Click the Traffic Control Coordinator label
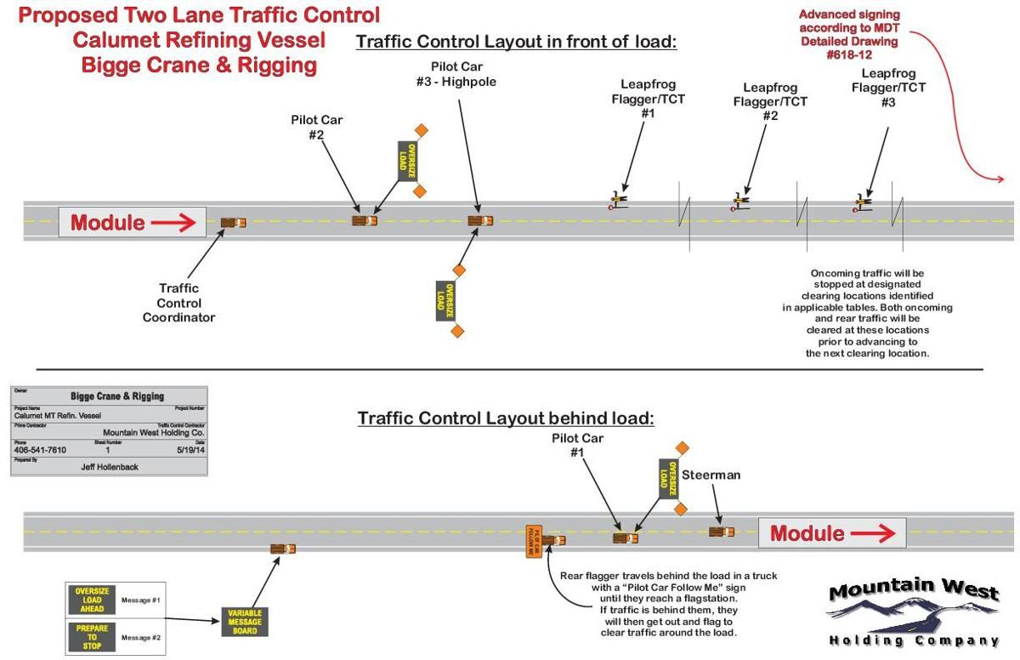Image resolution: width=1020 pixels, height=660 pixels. point(178,303)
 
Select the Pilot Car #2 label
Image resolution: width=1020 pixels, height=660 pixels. point(316,128)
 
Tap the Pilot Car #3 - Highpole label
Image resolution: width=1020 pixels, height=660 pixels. point(462,74)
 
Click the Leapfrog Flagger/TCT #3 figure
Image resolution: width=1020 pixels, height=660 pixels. point(864,203)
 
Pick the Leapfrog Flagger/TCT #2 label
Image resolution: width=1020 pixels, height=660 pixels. point(769,101)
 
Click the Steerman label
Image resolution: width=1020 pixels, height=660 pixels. point(711,475)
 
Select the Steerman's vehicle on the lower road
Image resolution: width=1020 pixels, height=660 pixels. point(722,532)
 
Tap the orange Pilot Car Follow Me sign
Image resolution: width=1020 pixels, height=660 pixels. point(533,541)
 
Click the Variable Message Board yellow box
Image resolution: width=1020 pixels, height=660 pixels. point(245,623)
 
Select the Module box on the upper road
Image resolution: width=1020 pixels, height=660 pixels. point(132,223)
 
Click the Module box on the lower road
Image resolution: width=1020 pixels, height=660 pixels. point(832,533)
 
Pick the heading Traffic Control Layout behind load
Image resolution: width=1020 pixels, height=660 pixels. point(506,418)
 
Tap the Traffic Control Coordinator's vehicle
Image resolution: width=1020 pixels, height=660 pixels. point(233,223)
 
